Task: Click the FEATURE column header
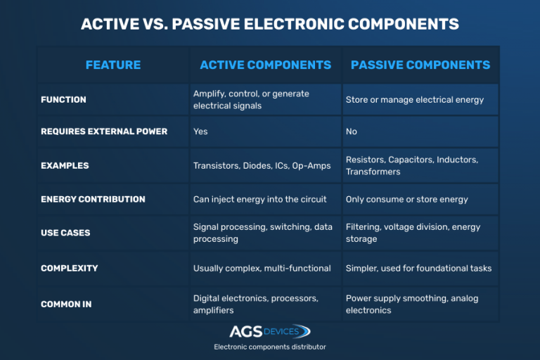click(113, 65)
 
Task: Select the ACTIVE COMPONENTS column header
click(266, 65)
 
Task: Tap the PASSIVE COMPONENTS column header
click(420, 65)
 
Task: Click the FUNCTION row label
click(63, 100)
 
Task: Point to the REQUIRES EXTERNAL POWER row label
click(104, 131)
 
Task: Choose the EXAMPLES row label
click(65, 166)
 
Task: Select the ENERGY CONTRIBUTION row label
click(93, 199)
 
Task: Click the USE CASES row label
click(65, 233)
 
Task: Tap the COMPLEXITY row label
click(69, 268)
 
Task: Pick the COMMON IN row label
click(66, 304)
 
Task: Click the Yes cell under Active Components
click(200, 131)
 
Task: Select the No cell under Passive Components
click(352, 131)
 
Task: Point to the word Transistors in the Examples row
click(217, 166)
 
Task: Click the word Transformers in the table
click(373, 172)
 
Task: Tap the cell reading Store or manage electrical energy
click(415, 100)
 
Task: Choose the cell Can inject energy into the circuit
click(259, 200)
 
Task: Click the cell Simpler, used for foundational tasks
click(419, 269)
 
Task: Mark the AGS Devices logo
click(270, 331)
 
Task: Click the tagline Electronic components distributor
click(270, 347)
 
